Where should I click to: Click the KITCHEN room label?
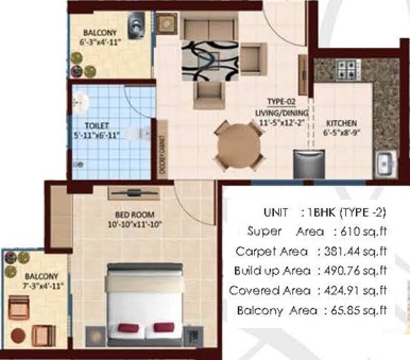pyautogui.click(x=341, y=123)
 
